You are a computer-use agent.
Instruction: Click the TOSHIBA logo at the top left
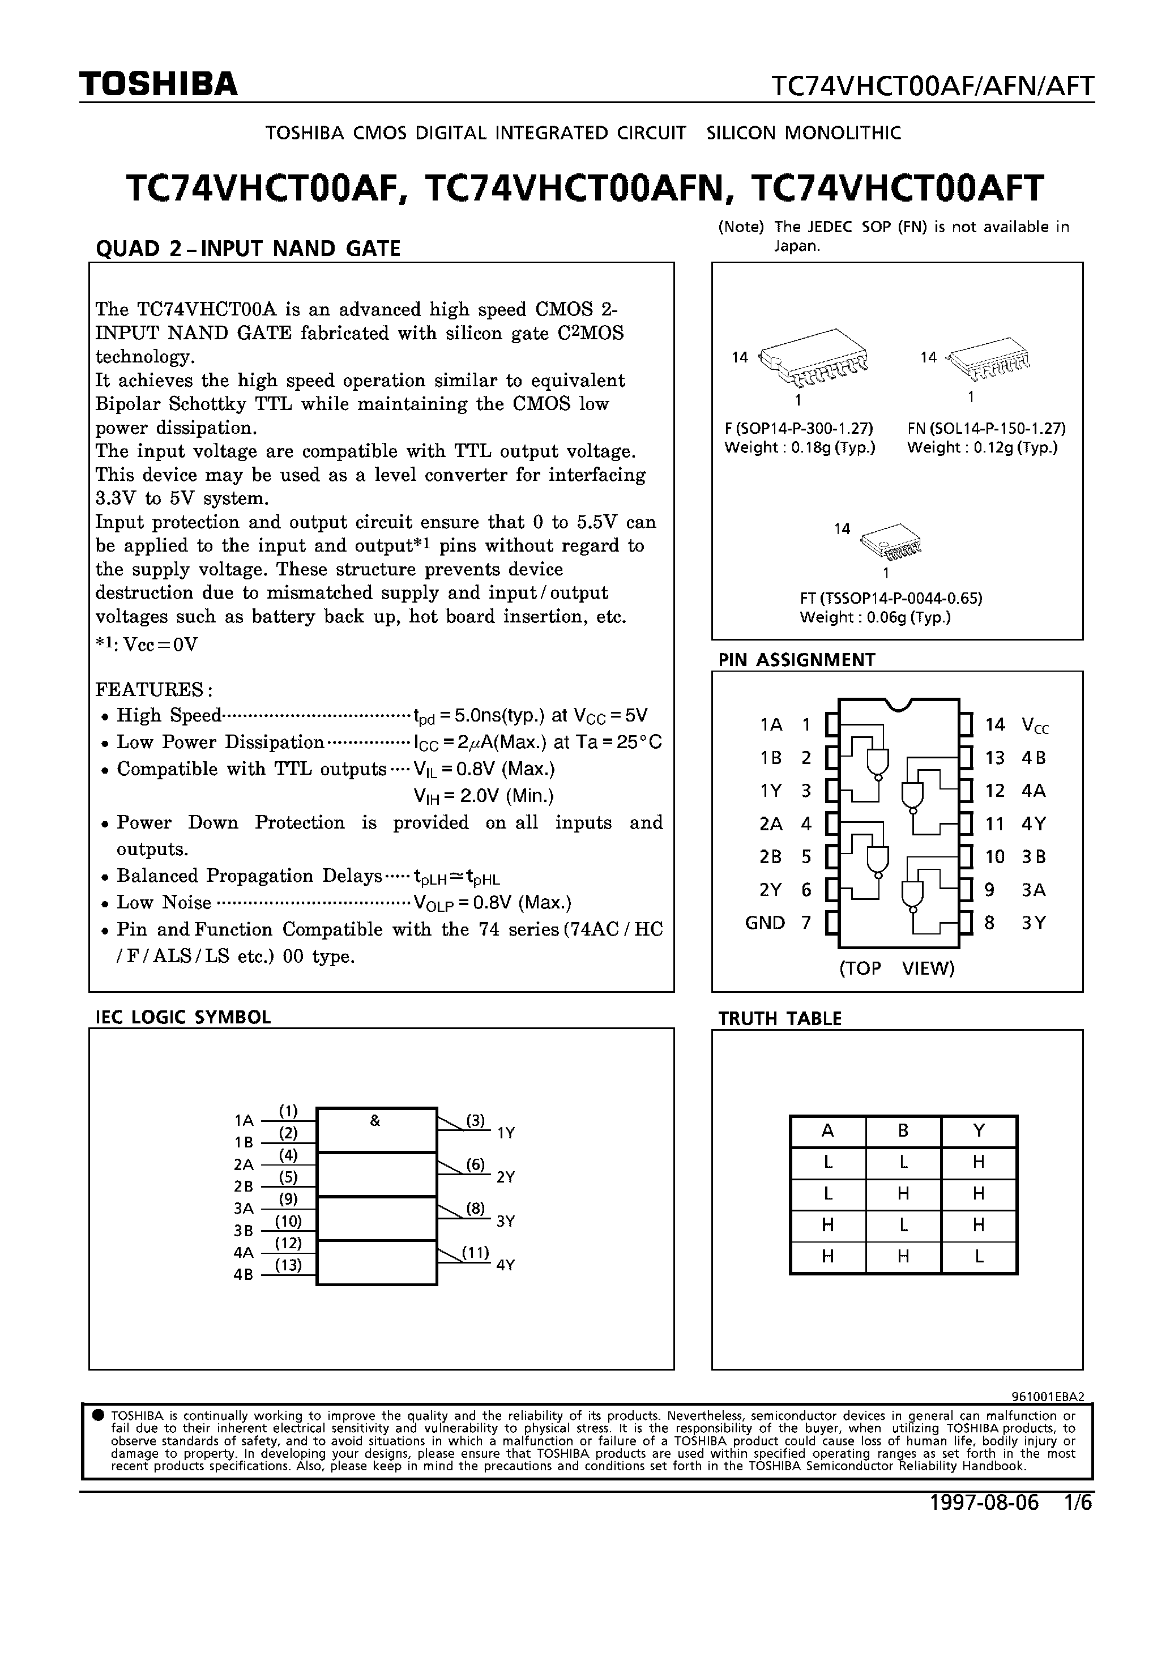pos(159,85)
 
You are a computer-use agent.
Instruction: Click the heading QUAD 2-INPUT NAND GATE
pos(248,249)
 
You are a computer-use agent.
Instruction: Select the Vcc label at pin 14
pos(1035,725)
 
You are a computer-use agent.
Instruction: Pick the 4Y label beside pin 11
pos(1033,823)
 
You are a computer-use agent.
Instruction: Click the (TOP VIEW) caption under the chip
pos(896,968)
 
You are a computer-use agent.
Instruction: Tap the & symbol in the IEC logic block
pos(374,1121)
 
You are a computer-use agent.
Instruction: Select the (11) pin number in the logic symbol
pos(475,1252)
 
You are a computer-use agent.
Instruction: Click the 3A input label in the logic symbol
pos(244,1208)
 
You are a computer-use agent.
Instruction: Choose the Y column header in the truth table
pos(978,1131)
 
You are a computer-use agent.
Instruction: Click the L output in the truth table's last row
pos(978,1256)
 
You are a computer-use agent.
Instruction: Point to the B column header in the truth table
pos(903,1131)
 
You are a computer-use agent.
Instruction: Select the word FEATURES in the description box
pos(151,689)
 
